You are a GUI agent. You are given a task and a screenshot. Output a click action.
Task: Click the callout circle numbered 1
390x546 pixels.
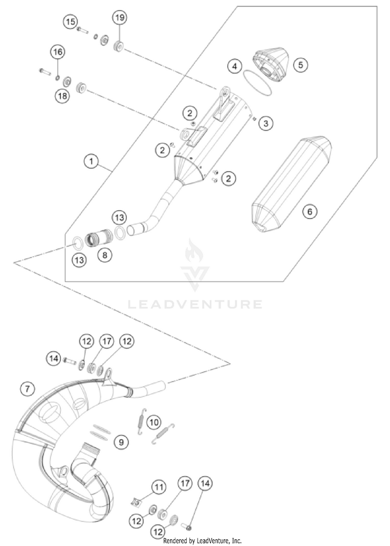[92, 162]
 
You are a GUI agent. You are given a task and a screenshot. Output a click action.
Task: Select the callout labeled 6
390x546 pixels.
[339, 212]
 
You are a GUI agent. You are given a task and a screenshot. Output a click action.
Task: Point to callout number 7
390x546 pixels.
[27, 388]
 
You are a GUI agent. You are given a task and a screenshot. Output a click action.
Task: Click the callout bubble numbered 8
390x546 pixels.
[106, 255]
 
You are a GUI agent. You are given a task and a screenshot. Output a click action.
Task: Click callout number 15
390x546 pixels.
[70, 22]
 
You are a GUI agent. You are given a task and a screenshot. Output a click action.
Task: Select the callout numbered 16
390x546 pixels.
[57, 52]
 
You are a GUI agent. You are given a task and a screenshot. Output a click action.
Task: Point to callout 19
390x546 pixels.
[120, 18]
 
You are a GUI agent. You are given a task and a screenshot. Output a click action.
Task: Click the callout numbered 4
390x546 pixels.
[235, 67]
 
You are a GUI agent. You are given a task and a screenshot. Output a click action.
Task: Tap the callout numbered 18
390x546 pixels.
[62, 96]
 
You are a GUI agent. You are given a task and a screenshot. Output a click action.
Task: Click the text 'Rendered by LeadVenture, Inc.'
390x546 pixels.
[202, 541]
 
